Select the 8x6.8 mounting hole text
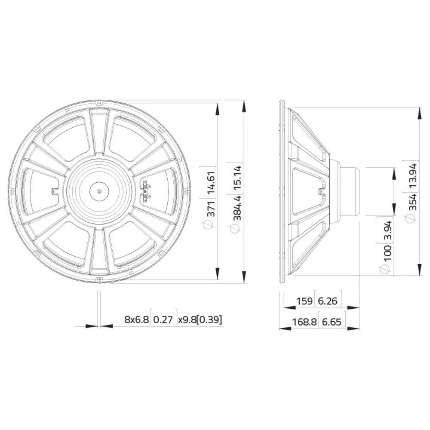coord(136,319)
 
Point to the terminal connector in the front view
coord(146,191)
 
